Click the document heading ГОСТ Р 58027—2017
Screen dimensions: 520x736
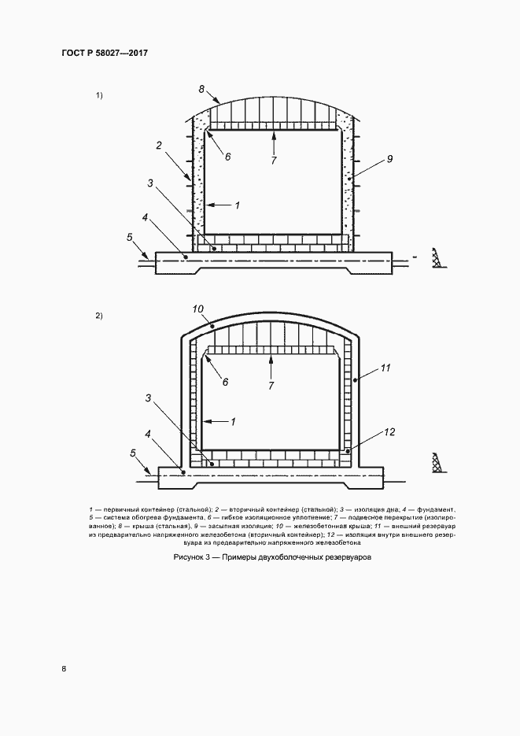click(x=105, y=53)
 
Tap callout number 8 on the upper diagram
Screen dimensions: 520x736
click(x=201, y=88)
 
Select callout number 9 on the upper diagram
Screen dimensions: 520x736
click(x=389, y=159)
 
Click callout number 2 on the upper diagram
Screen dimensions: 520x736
click(x=159, y=146)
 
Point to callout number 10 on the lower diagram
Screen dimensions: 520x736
click(x=198, y=309)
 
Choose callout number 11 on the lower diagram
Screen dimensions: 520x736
click(x=385, y=368)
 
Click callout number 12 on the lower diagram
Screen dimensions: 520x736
click(x=389, y=432)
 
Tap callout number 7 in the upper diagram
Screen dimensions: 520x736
click(x=273, y=161)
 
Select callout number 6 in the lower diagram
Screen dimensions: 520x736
click(x=225, y=383)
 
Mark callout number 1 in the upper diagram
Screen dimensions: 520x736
click(x=238, y=205)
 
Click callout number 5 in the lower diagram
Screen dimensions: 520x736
click(x=133, y=453)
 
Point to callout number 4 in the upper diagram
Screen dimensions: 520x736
click(x=145, y=218)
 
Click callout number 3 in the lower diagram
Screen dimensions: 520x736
click(x=148, y=398)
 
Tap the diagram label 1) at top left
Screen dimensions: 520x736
click(x=99, y=96)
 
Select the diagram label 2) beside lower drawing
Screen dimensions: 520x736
click(x=99, y=316)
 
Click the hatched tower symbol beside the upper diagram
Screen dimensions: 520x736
click(x=439, y=257)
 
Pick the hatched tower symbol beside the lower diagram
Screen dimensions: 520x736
click(x=439, y=462)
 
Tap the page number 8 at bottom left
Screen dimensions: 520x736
click(x=64, y=669)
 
